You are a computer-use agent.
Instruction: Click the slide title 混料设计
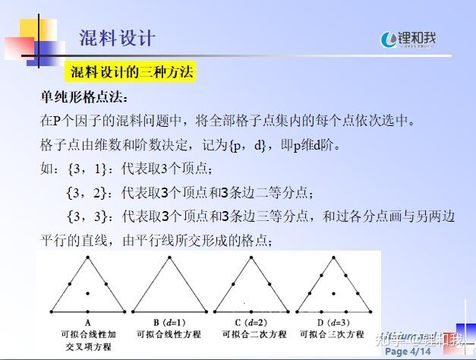point(117,37)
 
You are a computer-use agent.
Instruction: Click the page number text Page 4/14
point(408,352)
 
